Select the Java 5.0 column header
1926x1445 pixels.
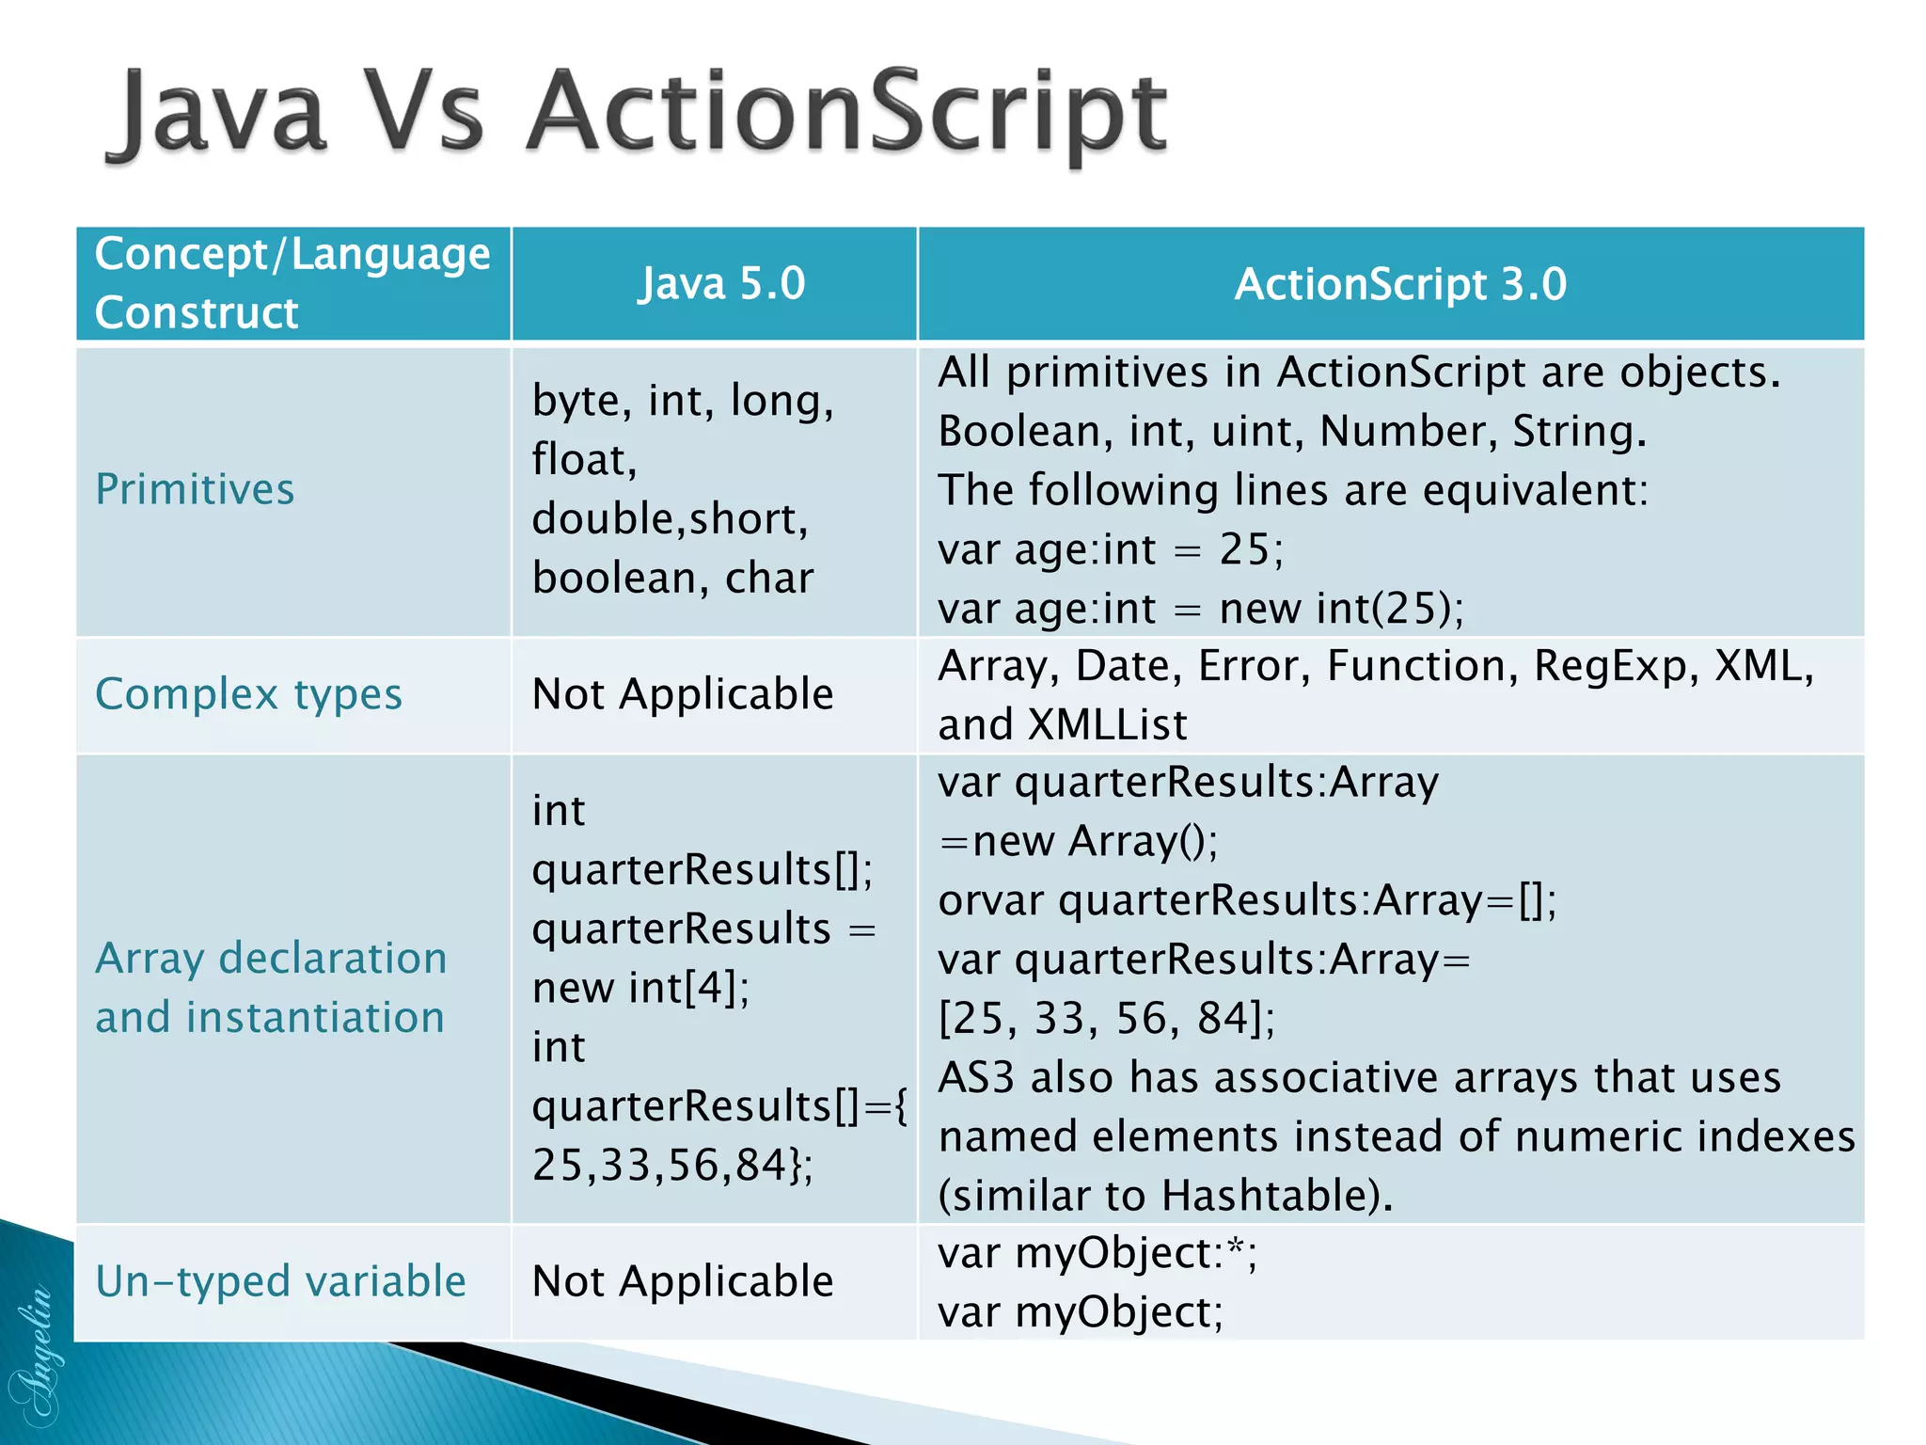point(721,283)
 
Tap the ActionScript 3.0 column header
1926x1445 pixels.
point(1399,283)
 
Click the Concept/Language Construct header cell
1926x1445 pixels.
point(292,282)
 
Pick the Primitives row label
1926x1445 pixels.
point(195,489)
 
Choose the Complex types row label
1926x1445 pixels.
point(248,694)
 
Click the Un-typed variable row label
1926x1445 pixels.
point(280,1281)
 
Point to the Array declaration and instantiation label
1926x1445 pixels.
point(271,987)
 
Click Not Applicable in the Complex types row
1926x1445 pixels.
point(682,694)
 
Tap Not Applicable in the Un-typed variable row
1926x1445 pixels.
point(682,1281)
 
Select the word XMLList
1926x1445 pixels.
point(1108,725)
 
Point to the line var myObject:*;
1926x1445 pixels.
point(1097,1254)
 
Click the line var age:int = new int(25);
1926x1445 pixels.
point(1200,609)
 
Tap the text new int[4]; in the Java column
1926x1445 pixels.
point(640,988)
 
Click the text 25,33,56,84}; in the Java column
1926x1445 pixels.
point(671,1165)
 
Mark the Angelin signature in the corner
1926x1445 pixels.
point(36,1355)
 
